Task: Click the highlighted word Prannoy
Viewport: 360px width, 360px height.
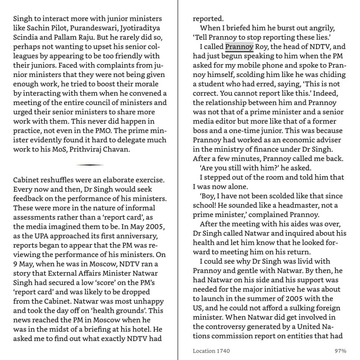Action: (239, 46)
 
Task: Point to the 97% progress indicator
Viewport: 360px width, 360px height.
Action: (340, 351)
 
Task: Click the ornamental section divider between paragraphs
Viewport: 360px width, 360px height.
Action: (90, 165)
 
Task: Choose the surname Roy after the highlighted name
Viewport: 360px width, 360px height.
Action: (261, 46)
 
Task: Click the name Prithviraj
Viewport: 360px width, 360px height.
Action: (85, 149)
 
